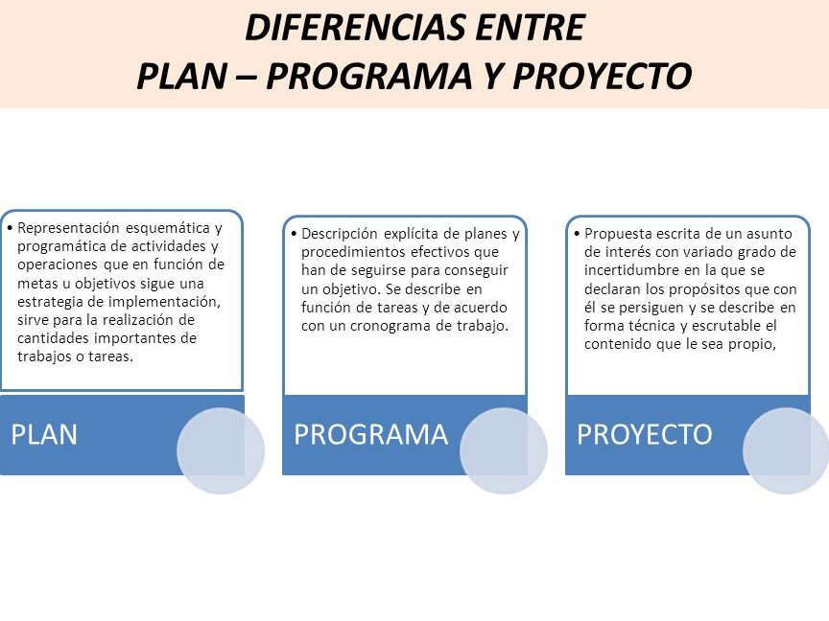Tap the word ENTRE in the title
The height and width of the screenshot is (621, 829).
point(531,28)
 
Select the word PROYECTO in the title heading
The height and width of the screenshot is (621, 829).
point(603,76)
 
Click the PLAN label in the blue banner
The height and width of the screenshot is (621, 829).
point(44,434)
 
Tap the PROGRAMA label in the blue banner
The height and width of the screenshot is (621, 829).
point(371,434)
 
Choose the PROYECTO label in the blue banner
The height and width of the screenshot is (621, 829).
point(645,434)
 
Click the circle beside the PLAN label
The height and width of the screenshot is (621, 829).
point(221,450)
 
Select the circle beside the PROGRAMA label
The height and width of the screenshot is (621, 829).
point(504,450)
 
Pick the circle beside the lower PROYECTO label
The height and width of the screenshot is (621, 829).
point(786,450)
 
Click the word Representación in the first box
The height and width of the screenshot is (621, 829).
point(69,228)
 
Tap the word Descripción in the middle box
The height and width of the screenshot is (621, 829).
point(340,234)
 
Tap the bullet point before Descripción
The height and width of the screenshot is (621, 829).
point(294,233)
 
